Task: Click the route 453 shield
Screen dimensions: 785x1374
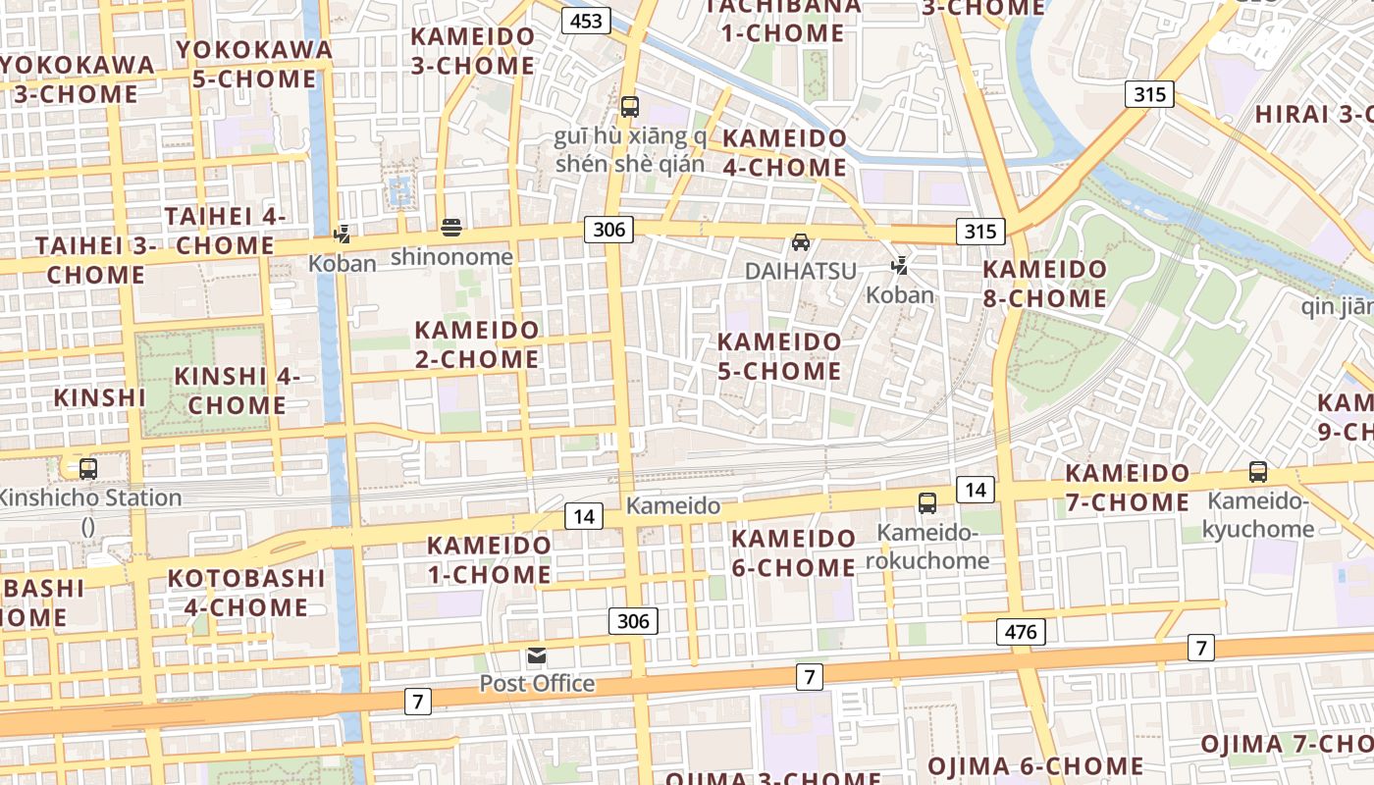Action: (x=586, y=21)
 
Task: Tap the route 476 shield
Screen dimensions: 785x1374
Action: (x=1021, y=632)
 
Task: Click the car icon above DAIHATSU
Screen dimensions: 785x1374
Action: (x=801, y=242)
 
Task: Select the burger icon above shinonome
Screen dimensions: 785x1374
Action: (x=451, y=229)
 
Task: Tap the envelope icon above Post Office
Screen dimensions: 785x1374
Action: (x=537, y=655)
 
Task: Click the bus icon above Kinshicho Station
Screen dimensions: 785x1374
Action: (x=88, y=469)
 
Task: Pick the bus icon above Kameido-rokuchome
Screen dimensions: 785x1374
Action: (x=926, y=503)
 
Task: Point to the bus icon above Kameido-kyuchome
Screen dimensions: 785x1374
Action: (x=1258, y=472)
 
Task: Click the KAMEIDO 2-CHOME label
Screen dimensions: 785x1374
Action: (x=477, y=344)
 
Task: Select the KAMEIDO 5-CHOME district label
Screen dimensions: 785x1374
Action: (x=779, y=356)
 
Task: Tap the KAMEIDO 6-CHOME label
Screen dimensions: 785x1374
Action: (x=793, y=553)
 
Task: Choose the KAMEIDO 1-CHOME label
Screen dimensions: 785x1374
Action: (x=489, y=559)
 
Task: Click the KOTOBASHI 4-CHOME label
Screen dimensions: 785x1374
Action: (x=245, y=593)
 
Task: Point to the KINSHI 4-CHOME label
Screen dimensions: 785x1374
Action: (x=237, y=391)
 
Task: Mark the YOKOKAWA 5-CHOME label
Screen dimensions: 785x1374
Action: (x=254, y=64)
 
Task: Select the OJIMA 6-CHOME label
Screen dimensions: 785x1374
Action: (x=1035, y=766)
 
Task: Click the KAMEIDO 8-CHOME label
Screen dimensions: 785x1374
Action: (x=1044, y=284)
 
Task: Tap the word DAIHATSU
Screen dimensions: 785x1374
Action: (x=801, y=271)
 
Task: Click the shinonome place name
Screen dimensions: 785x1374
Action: (x=451, y=257)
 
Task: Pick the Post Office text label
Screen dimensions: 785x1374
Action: (x=537, y=683)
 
